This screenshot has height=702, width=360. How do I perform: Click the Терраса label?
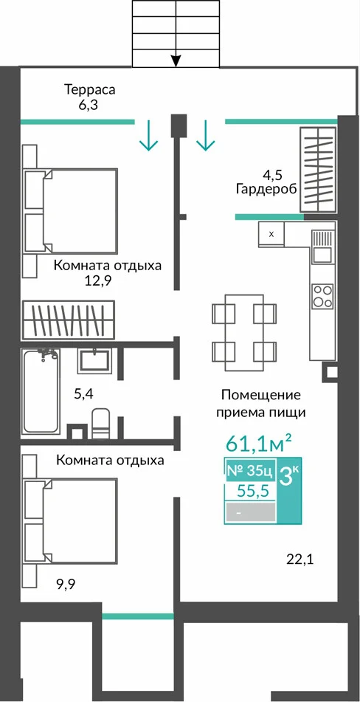90,89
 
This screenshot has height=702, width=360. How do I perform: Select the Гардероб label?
267,189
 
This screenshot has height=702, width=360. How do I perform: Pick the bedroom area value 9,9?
63,584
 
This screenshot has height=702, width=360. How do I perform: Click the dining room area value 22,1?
300,559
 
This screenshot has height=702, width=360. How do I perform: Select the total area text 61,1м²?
259,444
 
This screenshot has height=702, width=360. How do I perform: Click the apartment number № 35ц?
249,471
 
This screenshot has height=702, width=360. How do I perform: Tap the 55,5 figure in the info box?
253,492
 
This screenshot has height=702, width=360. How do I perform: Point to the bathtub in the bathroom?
41,392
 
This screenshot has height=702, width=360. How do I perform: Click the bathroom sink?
94,361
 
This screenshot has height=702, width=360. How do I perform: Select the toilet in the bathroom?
100,423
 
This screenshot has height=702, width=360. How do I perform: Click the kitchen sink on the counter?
323,247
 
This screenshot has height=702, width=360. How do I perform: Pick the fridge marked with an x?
271,234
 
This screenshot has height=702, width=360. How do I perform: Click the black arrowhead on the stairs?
176,61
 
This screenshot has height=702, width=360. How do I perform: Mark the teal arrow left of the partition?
148,135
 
